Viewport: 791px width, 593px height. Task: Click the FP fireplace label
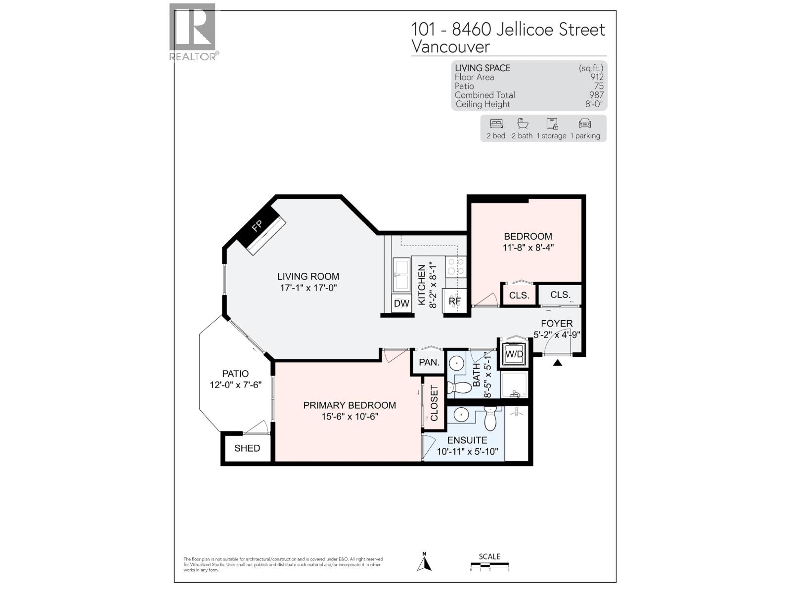(x=257, y=226)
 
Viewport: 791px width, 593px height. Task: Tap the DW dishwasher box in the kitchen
(x=401, y=303)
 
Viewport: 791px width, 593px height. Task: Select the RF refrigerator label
(x=454, y=301)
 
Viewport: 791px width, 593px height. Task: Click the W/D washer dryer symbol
(x=514, y=354)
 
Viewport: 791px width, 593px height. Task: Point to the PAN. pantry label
(x=429, y=362)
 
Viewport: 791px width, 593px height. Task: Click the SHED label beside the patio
(x=247, y=448)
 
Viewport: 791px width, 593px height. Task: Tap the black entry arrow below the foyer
(x=558, y=363)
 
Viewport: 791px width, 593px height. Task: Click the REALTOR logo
(x=193, y=32)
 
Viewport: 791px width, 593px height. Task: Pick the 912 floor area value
(x=597, y=77)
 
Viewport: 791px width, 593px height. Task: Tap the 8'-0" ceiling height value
(x=594, y=104)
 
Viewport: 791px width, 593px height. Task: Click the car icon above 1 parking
(x=585, y=124)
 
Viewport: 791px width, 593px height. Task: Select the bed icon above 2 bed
(x=496, y=124)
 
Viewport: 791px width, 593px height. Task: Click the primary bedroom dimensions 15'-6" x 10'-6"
(x=350, y=417)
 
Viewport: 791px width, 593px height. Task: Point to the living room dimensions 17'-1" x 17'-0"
(x=308, y=288)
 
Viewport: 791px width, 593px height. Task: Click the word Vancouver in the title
(x=450, y=47)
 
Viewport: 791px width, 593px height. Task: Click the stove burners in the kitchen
(x=456, y=266)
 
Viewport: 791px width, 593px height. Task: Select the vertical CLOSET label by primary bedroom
(x=434, y=403)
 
